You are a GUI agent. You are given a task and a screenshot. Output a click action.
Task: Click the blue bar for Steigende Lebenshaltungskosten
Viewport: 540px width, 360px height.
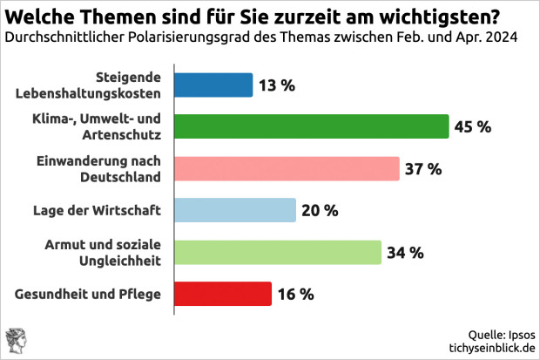pos(213,85)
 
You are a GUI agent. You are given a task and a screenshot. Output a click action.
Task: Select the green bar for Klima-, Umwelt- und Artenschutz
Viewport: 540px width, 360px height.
pos(311,126)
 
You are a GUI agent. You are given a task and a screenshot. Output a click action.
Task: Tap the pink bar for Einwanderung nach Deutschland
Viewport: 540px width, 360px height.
pos(287,168)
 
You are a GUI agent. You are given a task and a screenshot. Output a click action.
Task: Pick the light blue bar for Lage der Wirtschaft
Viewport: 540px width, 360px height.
pos(235,210)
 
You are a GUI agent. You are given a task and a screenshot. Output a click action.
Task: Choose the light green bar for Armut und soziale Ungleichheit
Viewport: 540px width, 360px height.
pos(278,252)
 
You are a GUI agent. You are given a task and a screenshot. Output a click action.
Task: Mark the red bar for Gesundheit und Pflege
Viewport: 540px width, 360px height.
pos(223,294)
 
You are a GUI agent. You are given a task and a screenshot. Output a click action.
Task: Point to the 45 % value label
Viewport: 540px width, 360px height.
pos(473,126)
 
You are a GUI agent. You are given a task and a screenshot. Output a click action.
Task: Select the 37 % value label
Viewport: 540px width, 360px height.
pos(423,168)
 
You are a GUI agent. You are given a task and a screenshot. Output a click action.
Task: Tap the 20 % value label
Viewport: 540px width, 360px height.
pos(321,210)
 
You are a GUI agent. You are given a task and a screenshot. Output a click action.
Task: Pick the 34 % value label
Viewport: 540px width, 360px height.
pos(405,253)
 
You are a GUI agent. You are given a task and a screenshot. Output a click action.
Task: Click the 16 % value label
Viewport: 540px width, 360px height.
pos(296,294)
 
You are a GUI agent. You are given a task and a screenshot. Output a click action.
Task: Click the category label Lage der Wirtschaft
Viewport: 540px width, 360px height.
pos(108,210)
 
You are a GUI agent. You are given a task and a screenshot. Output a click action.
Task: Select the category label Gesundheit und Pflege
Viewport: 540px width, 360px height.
pos(89,294)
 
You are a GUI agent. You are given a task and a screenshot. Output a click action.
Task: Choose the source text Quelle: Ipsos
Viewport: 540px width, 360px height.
pos(501,334)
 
